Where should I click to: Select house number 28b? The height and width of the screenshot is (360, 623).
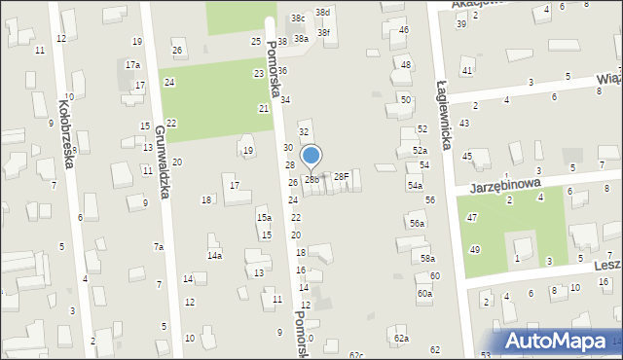click(x=311, y=179)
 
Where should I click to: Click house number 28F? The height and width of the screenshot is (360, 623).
click(x=341, y=176)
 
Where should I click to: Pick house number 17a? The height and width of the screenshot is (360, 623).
click(x=132, y=64)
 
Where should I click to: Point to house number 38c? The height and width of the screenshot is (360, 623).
click(x=297, y=18)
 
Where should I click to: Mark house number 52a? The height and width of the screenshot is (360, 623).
click(x=419, y=151)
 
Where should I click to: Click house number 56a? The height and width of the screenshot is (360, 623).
click(x=417, y=224)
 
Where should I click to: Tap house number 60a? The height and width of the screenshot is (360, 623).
click(x=424, y=293)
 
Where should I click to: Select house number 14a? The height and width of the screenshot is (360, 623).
click(x=214, y=255)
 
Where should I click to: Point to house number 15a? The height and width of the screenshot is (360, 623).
click(x=264, y=217)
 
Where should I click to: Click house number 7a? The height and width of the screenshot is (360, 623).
click(x=158, y=247)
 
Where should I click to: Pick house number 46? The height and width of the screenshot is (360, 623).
click(x=404, y=30)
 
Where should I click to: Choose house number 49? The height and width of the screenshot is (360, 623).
click(x=474, y=250)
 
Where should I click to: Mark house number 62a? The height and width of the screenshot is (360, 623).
click(x=401, y=338)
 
